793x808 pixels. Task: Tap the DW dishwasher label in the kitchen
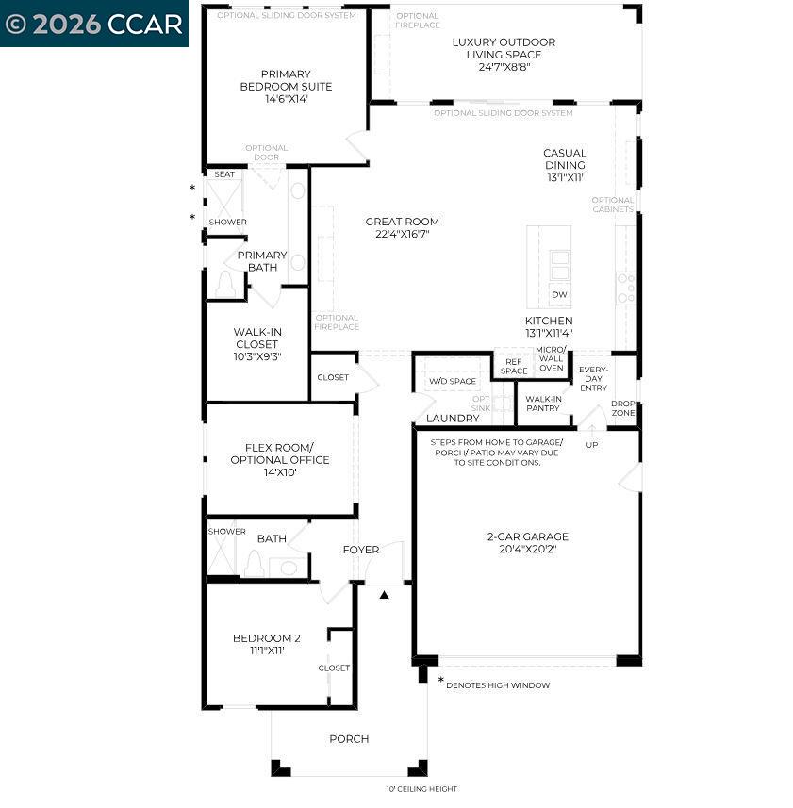tap(559, 295)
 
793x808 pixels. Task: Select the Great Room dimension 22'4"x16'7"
tap(403, 235)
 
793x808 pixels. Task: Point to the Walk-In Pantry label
tap(544, 404)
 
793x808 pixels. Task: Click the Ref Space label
tap(514, 366)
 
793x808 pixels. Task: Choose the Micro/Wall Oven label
tap(551, 358)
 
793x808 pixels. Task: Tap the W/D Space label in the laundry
tap(453, 382)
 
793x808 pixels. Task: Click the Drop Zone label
tap(623, 408)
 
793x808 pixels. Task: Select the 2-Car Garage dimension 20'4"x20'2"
tap(528, 550)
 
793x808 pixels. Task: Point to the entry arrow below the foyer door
tap(385, 595)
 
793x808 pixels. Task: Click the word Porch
tap(349, 739)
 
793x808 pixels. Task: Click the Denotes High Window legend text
tap(498, 685)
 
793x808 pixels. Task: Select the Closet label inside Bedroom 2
tap(334, 668)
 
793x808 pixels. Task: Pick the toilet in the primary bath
tap(225, 283)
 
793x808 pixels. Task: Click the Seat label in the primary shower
tap(224, 174)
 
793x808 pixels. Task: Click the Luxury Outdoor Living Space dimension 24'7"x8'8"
tap(504, 68)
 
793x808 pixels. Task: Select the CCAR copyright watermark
tap(94, 24)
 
